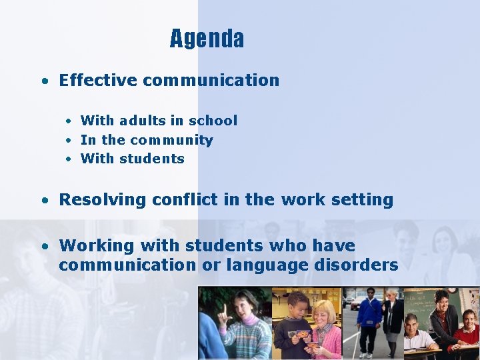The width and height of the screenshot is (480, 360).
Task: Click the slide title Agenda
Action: pos(207,39)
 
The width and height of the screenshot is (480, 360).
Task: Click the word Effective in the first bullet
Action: pos(97,81)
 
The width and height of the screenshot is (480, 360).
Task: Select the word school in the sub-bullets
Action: pos(213,121)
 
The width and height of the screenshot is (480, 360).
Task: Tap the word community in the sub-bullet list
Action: pos(171,140)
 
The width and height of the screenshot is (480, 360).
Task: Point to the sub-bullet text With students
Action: pos(132,159)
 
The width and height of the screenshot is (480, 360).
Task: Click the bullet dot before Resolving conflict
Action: pos(43,200)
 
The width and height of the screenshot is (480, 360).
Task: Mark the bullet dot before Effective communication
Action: pos(43,81)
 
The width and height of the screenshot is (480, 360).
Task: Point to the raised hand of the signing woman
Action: pos(224,310)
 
